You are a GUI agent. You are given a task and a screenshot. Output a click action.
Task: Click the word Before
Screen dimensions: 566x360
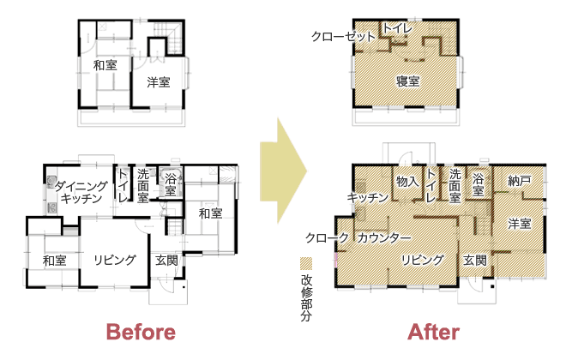[x=141, y=332]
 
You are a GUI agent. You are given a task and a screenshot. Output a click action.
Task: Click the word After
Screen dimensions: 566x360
[x=434, y=332]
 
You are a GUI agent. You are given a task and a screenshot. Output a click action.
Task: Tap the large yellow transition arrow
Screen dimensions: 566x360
[x=283, y=171]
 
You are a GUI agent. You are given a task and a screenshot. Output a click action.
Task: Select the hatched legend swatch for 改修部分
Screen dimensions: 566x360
[x=306, y=264]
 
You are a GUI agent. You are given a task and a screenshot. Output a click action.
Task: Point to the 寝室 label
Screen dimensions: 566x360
[x=408, y=81]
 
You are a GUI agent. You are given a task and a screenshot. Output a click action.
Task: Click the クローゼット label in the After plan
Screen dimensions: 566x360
[x=343, y=36]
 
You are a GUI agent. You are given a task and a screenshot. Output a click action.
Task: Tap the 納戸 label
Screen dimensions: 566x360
[x=520, y=180]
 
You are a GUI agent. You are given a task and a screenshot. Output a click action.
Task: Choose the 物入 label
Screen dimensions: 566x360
[x=407, y=181]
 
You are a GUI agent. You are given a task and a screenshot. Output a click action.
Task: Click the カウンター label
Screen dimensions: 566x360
[x=384, y=237]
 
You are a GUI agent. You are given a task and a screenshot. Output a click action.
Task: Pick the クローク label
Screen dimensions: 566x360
[x=327, y=237]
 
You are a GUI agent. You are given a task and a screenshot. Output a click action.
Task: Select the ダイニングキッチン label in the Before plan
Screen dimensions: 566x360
[x=81, y=192]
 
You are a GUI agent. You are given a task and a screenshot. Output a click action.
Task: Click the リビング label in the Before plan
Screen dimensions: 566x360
[x=115, y=260]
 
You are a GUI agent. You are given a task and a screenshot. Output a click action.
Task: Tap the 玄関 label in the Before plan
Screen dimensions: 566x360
[x=166, y=260]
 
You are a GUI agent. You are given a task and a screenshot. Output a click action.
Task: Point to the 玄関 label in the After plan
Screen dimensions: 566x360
[x=475, y=260]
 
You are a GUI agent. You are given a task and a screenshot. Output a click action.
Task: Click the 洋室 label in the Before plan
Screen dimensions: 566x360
[x=159, y=82]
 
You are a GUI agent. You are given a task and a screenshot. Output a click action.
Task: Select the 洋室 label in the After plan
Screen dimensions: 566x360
[x=520, y=224]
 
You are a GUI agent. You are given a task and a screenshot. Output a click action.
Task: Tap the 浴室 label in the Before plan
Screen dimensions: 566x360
[x=171, y=185]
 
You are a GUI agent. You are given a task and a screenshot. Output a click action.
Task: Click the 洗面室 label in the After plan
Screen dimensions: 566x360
[x=455, y=186]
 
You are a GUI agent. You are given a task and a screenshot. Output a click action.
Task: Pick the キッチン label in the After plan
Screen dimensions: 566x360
[x=367, y=197]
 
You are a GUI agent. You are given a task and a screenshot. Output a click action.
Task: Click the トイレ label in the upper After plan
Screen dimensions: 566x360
[x=397, y=28]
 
